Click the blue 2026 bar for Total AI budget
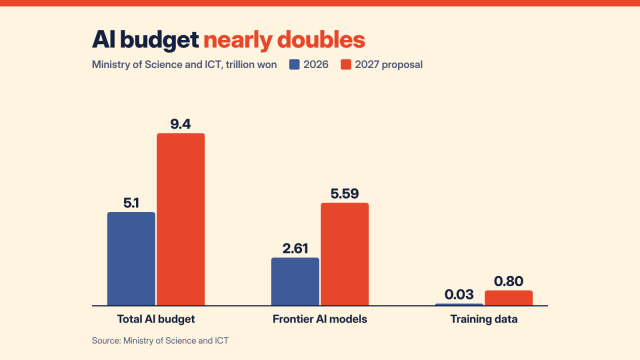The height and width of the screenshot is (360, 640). pos(131,258)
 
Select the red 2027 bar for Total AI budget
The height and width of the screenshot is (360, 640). pos(181,219)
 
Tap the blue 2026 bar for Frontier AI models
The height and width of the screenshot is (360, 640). pos(295,281)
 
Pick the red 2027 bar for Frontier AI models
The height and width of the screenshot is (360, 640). pos(345,254)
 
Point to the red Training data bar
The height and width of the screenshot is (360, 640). pos(509,298)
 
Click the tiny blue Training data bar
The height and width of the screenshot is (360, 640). pos(459,304)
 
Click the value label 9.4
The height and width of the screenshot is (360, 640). pos(180,124)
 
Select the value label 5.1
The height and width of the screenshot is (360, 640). pos(131,203)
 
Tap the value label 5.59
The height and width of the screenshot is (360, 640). pos(345,193)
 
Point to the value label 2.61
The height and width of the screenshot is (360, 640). pos(295,248)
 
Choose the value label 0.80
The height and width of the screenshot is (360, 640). pos(509,281)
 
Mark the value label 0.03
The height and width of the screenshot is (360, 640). pos(459,294)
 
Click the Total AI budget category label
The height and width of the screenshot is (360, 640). pos(156,319)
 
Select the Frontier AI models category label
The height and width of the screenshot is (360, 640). pos(320,319)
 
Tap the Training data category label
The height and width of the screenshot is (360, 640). pos(484,319)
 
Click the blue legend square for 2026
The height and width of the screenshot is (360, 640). pos(294,64)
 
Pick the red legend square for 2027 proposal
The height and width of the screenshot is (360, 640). pos(346,64)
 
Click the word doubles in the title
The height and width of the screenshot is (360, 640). pos(321,40)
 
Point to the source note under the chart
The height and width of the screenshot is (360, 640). pos(160,340)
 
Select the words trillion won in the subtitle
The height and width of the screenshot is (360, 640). pos(251,64)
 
